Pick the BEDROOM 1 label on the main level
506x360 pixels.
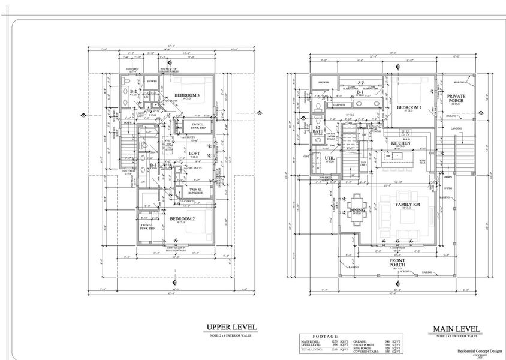coord(409,107)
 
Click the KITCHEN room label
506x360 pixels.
coord(400,143)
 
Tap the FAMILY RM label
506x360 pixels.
coord(406,205)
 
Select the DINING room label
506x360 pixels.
coord(356,210)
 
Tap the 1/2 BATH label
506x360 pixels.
coord(318,130)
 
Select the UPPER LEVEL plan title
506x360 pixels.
coord(231,327)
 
